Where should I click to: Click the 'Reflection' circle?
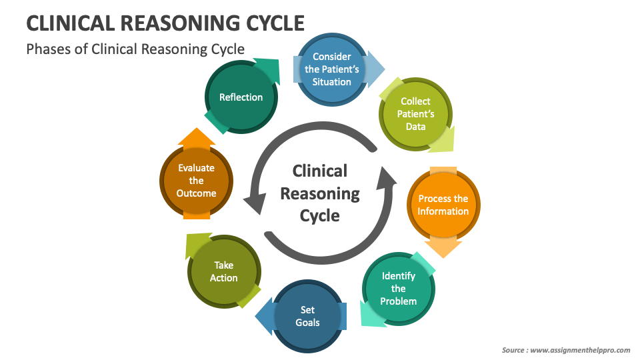(x=241, y=97)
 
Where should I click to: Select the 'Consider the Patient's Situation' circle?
(x=331, y=69)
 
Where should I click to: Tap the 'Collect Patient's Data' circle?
(x=415, y=114)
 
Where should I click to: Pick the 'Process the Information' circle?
(x=443, y=205)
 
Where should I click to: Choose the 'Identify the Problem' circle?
(x=399, y=289)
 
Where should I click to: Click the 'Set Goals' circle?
(x=307, y=316)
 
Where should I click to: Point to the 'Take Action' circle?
(x=224, y=271)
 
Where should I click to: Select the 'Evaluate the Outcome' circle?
(x=196, y=181)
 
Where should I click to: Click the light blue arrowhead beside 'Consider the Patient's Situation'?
(x=376, y=69)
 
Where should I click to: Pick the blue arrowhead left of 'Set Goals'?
(x=264, y=316)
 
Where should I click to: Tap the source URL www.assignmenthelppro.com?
(x=580, y=350)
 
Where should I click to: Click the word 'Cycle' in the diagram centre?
(x=319, y=216)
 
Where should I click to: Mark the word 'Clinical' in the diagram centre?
(x=320, y=171)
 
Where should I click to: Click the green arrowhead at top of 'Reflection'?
(x=267, y=70)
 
